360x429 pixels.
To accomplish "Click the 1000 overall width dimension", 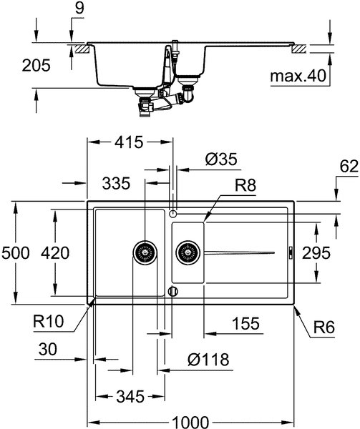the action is coord(191,422).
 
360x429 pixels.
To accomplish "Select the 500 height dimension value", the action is coord(15,253).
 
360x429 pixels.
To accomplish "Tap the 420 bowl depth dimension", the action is coord(55,253).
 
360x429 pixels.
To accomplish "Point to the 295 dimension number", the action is coord(316,253).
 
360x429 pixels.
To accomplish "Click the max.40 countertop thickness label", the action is coord(298,76).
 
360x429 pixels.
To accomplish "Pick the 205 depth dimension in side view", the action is coord(36,65).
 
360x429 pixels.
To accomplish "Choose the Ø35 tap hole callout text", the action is coord(221,159).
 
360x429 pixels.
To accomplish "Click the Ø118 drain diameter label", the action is coord(208,359).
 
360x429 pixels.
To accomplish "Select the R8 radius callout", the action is coord(245,185).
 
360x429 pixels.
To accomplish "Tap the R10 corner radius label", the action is coord(48,321).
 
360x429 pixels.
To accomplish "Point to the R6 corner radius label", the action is coord(324,327).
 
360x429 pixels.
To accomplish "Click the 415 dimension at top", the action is coord(129,142).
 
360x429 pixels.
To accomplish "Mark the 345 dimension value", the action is coord(130,396).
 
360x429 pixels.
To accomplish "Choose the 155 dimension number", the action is coord(245,323).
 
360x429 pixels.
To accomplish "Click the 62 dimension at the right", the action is coord(349,166).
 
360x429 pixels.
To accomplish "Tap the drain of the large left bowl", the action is coord(145,252).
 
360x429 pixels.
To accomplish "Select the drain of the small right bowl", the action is coord(188,252).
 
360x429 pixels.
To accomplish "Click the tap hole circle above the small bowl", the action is coord(172,214).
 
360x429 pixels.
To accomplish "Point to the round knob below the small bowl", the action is coord(172,291).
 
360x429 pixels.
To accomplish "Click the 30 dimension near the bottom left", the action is coord(48,349).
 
